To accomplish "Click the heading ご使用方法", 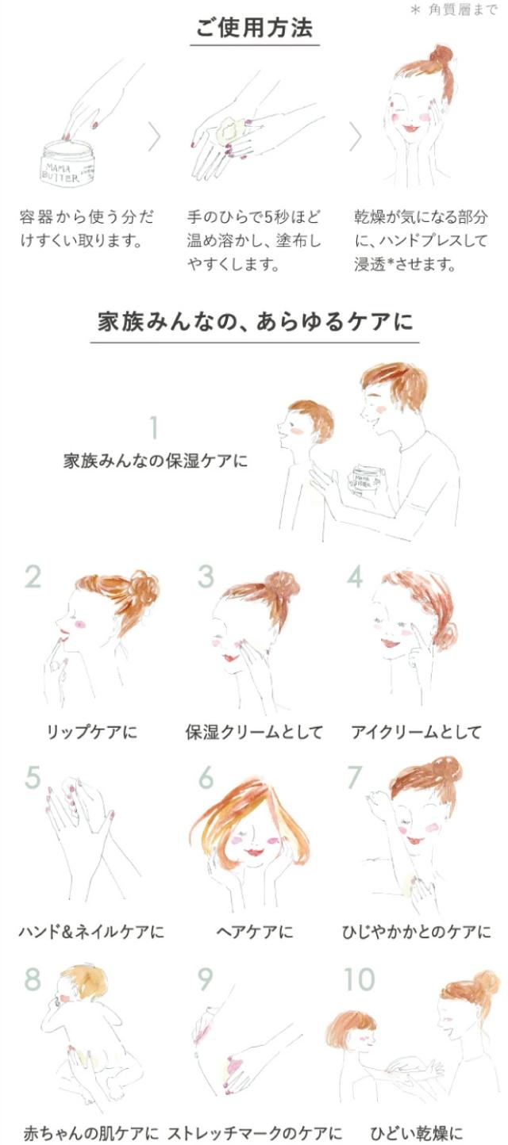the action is (254, 27).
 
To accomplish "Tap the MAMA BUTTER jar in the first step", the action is (67, 163).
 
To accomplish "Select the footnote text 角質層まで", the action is (463, 10).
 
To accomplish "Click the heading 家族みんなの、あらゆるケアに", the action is (255, 323).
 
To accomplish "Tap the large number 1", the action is (153, 428).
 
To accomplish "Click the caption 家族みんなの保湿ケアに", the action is (156, 461).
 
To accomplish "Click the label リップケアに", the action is (92, 732).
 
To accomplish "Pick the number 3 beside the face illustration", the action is (206, 576).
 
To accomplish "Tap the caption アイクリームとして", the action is (416, 732).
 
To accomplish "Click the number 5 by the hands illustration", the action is (32, 777).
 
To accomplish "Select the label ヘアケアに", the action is (254, 932).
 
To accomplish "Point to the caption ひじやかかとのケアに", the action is (417, 932).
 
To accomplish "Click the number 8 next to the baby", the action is (33, 978).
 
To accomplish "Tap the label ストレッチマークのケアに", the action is (255, 1133).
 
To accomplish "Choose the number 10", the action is (359, 978).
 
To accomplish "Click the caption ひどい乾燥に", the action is (416, 1133).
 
